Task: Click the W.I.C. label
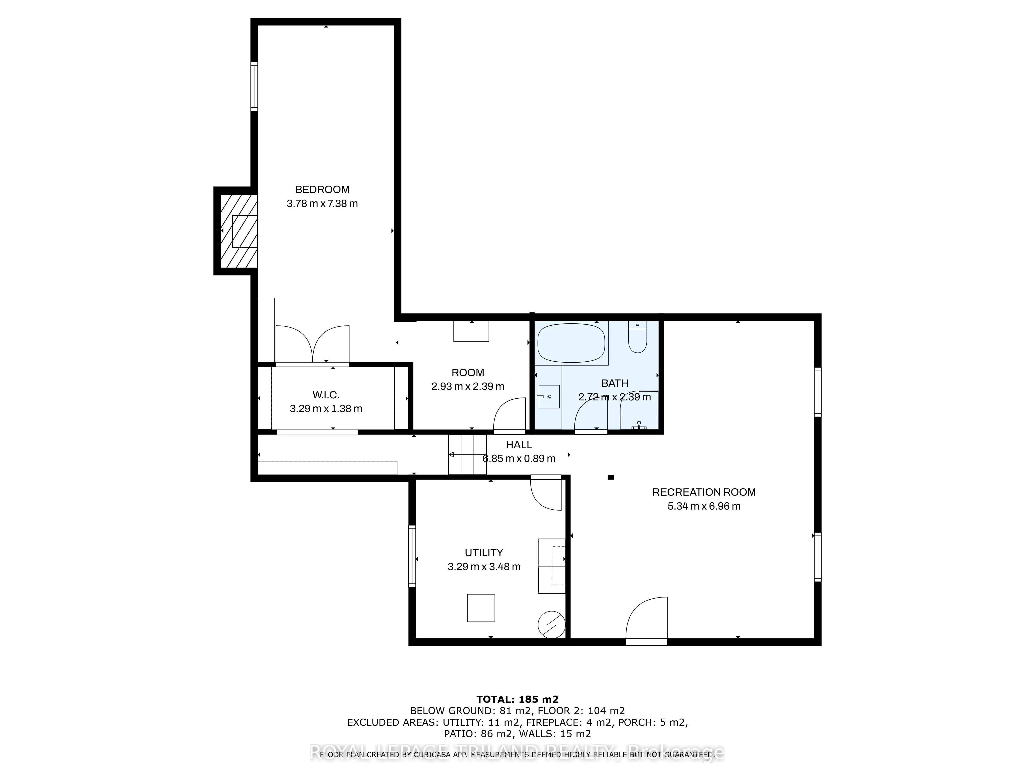[326, 395]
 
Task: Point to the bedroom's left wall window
[254, 87]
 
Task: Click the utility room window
[412, 556]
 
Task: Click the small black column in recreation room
[611, 477]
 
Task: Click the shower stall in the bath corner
[639, 411]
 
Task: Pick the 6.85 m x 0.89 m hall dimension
[519, 458]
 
